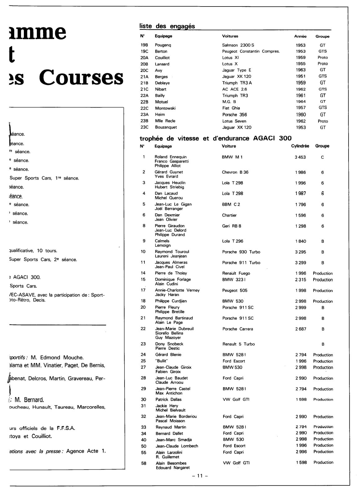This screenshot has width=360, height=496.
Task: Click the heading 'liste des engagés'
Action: pyautogui.click(x=167, y=26)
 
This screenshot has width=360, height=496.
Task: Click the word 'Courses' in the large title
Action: pyautogui.click(x=81, y=78)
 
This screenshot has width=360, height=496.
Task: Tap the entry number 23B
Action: pyautogui.click(x=145, y=121)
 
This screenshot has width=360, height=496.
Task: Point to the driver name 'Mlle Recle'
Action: pyautogui.click(x=165, y=121)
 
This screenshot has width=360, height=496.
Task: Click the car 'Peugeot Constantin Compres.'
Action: pyautogui.click(x=251, y=51)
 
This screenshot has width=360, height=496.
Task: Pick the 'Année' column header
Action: pyautogui.click(x=300, y=36)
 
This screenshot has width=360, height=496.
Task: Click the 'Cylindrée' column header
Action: pyautogui.click(x=300, y=146)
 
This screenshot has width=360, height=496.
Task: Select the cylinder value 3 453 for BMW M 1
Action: pyautogui.click(x=300, y=157)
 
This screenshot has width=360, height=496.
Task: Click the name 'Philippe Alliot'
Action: pyautogui.click(x=168, y=166)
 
